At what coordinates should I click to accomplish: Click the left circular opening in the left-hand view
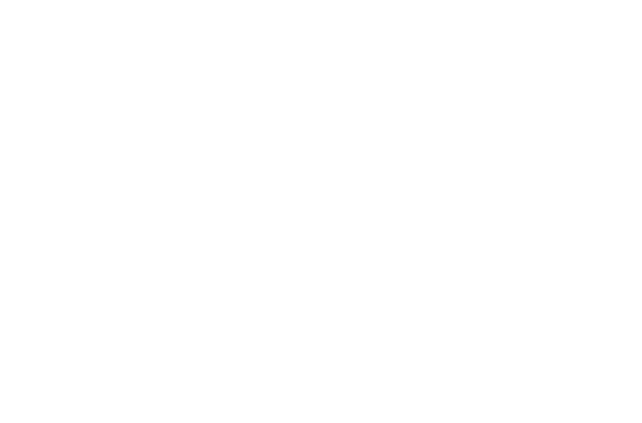tap(112, 225)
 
